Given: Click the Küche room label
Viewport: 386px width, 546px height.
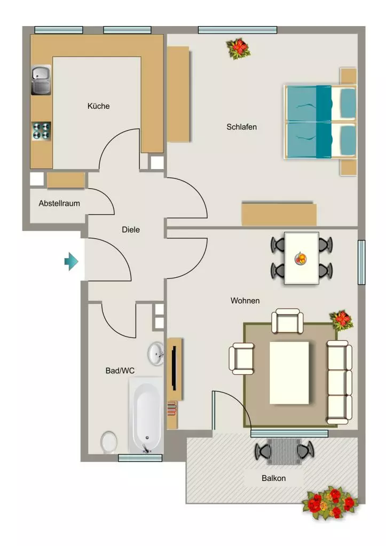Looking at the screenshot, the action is pos(98,106).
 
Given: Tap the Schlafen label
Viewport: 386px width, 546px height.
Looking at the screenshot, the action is pos(241,127).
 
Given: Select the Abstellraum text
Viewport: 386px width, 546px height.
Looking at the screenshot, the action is pos(59,203).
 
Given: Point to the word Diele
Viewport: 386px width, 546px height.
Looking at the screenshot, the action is pos(131,230).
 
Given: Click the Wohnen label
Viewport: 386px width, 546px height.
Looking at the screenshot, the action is pos(245,301).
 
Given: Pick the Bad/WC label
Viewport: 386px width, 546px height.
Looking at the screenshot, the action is pos(120,371).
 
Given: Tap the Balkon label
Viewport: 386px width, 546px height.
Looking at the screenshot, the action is pos(273,478).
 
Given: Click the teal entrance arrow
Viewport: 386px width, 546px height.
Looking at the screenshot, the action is pos(72,261).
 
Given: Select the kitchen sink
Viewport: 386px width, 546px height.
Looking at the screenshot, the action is pos(41,80).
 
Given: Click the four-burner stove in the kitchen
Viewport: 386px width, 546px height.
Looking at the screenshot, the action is pos(42,131).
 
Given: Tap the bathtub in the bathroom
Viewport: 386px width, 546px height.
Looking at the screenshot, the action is pos(146,415).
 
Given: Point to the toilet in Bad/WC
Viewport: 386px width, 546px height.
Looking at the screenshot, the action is pos(109,442).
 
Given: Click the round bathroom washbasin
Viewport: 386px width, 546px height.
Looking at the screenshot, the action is pos(156,354).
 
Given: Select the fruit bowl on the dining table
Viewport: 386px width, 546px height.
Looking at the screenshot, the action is pos(301,259).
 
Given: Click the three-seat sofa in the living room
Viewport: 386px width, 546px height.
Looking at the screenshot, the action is pos(339,382).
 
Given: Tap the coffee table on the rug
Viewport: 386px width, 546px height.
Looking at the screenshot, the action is pos(289,373).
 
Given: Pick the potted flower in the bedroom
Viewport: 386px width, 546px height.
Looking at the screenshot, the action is pos(239,49).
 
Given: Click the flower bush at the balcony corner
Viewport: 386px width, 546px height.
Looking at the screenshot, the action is pos(329,502).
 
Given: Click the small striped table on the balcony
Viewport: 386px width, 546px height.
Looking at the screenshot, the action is pos(283,452).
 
